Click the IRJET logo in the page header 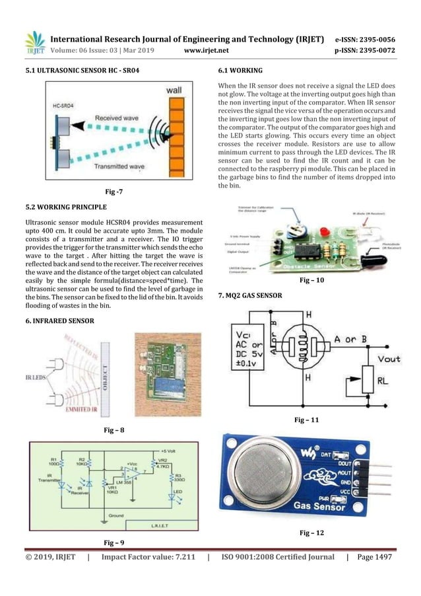35,42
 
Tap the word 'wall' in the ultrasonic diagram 174,89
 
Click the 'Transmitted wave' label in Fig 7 119,167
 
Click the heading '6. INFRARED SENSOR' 59,320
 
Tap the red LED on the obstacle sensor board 326,231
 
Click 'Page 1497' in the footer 373,558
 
